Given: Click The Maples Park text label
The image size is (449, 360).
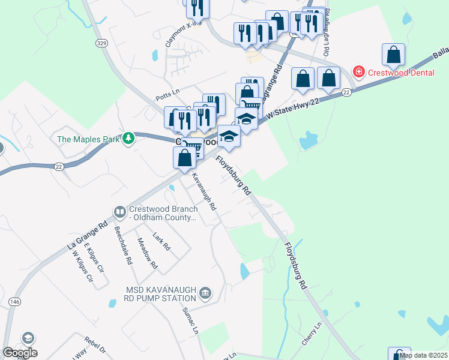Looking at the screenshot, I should pos(89,139).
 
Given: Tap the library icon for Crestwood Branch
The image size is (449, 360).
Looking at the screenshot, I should pos(120,212).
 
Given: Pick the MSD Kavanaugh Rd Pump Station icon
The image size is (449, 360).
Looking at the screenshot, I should pos(206,292).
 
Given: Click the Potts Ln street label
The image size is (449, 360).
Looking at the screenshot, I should pos(167,92).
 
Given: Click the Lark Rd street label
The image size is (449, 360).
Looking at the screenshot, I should pos(162,241).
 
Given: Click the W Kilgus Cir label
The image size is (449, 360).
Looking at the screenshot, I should pos(83,266).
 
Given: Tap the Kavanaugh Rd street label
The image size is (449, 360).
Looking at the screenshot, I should pos(204,191).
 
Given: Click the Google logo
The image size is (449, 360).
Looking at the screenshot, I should pos(20,353).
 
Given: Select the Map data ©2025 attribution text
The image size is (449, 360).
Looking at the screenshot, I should pos(423,355).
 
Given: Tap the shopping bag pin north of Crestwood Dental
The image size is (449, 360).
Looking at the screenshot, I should pos(393,55).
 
